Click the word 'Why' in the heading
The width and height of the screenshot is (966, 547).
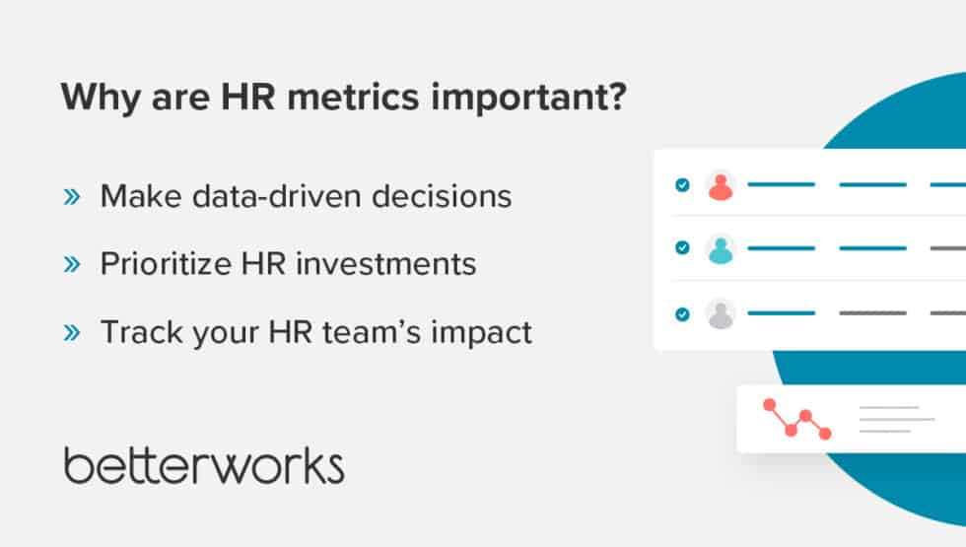(x=93, y=101)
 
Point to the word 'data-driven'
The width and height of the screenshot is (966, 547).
(x=276, y=196)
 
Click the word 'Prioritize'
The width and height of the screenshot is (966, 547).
(x=158, y=264)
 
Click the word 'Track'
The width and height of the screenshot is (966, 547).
(x=134, y=332)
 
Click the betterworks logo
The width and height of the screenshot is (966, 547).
(x=204, y=465)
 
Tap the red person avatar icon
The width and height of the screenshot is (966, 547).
(x=722, y=185)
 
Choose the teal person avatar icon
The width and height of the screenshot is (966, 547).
(x=722, y=248)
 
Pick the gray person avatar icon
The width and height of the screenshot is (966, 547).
(x=722, y=314)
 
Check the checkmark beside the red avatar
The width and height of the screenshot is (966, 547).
(x=682, y=184)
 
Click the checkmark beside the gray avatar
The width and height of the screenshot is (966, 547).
(x=682, y=314)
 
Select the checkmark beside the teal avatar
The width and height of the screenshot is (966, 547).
(x=682, y=248)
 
